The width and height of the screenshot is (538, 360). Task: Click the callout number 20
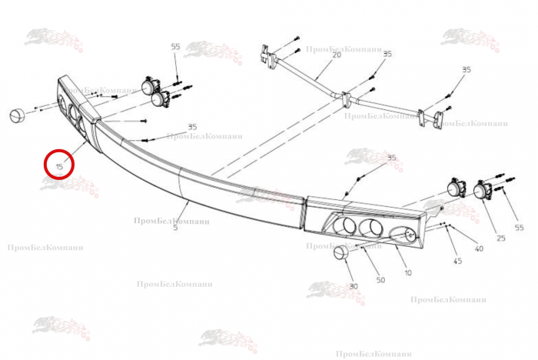(x=336, y=55)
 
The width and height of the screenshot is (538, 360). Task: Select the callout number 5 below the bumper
(x=176, y=228)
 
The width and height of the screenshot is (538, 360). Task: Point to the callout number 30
(x=354, y=287)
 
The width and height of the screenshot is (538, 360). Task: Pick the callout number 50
(x=380, y=279)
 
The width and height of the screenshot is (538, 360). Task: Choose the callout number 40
(x=479, y=248)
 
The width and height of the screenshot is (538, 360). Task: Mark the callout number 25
(x=501, y=238)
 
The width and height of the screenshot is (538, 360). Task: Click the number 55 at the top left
(x=175, y=47)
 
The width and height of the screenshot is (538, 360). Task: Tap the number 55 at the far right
(x=519, y=228)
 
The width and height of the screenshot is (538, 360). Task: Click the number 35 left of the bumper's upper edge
(x=191, y=127)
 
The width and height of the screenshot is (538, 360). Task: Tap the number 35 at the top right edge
(x=466, y=70)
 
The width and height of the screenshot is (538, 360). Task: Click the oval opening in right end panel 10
(x=403, y=235)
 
